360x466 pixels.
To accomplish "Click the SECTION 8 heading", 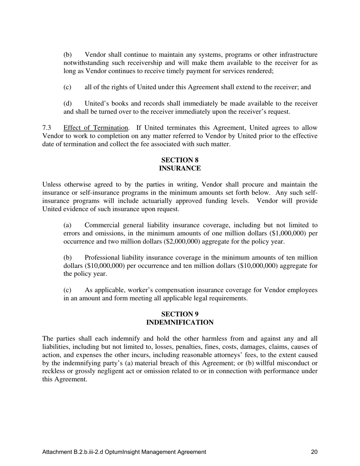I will pyautogui.click(x=180, y=160).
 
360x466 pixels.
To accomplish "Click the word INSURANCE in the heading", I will pyautogui.click(x=180, y=168).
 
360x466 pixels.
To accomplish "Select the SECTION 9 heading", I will pyautogui.click(x=180, y=314).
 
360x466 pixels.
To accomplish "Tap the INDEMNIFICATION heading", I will pyautogui.click(x=180, y=322).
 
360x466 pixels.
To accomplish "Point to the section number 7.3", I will pyautogui.click(x=47, y=128).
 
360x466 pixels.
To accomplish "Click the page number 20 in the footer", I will pyautogui.click(x=314, y=452).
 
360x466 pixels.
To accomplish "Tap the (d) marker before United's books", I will pyautogui.click(x=67, y=103).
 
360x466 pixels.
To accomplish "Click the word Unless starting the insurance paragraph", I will pyautogui.click(x=52, y=185).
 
